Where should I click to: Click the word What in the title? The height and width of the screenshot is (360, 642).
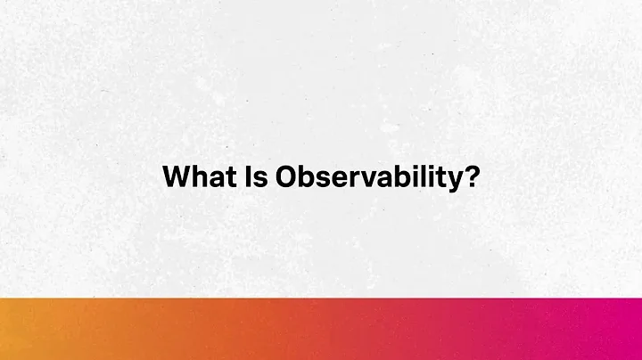point(196,176)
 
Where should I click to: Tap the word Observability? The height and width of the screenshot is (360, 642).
point(369,176)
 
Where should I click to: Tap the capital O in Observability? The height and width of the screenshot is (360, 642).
point(286,176)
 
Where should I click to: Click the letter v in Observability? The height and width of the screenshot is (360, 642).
point(366,178)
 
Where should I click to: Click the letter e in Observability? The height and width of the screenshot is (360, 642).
point(339,178)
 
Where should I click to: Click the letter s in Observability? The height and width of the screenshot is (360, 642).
point(324,178)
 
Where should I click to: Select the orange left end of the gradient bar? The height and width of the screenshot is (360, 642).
point(18,329)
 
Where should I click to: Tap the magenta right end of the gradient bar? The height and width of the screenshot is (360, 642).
point(624,329)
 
